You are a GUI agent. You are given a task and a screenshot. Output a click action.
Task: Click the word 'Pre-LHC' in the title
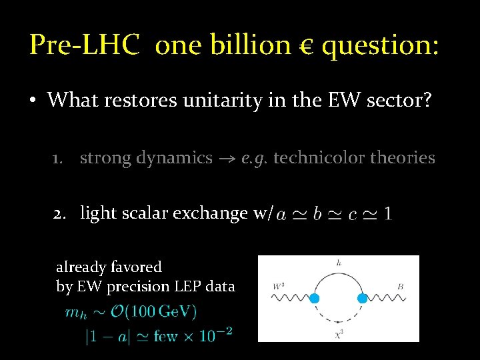(85, 45)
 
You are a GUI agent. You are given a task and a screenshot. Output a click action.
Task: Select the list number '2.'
(62, 213)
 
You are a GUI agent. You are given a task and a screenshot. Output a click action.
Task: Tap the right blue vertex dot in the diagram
(363, 298)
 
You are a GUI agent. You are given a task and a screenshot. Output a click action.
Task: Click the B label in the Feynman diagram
(400, 287)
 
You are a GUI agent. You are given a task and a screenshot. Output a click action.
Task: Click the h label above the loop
(339, 263)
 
